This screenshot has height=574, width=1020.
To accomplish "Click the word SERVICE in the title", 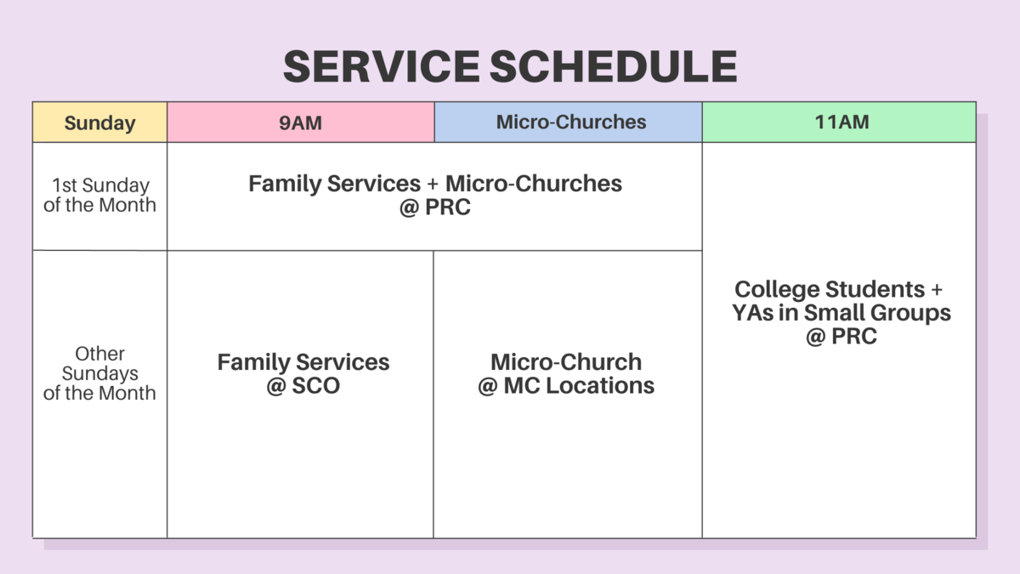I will (x=382, y=66).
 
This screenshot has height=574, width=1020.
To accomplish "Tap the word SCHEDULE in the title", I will (x=614, y=66).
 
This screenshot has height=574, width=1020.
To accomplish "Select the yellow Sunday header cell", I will (x=99, y=122).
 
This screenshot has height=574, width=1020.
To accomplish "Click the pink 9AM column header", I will (x=300, y=122).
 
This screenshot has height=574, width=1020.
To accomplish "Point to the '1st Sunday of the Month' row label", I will (x=99, y=195).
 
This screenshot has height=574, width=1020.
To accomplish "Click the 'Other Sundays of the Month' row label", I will (x=99, y=373).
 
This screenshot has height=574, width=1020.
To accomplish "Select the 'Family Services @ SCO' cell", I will (x=303, y=373).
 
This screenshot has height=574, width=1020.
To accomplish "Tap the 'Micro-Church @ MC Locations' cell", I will (x=566, y=373).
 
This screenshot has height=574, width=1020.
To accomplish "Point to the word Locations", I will (x=600, y=386).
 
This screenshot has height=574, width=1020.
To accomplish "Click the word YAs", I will (x=752, y=313).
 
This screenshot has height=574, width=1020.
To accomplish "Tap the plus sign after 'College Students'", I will (x=937, y=289).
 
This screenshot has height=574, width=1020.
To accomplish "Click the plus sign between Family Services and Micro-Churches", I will (x=433, y=184).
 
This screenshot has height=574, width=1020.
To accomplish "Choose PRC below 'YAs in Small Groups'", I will (x=854, y=337).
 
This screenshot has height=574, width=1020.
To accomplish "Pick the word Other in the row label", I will (x=99, y=354).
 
